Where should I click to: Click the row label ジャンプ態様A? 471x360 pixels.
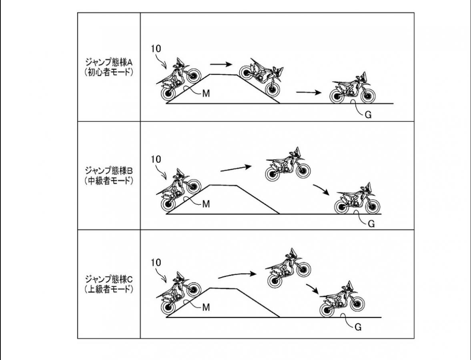pos(109,62)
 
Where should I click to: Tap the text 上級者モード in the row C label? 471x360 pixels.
pos(109,289)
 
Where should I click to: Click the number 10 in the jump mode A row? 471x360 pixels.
pos(156,49)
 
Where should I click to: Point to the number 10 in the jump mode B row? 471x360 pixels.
pos(156,159)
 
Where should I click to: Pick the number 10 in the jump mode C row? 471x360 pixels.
pos(156,262)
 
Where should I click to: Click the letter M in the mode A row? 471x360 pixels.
pos(206,94)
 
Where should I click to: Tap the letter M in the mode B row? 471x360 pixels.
pos(206,204)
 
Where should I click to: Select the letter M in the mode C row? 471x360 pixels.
pos(206,307)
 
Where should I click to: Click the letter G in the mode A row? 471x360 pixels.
pos(368,115)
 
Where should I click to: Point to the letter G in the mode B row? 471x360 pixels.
pos(371,224)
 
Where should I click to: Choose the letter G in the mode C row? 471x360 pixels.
pos(358,327)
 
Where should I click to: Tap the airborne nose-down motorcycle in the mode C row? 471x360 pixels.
pos(289,267)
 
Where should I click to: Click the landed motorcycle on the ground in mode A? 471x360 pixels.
pos(353,88)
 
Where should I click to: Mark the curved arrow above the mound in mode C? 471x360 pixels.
pos(237,274)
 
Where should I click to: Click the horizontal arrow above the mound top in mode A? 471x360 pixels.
pos(221,64)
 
